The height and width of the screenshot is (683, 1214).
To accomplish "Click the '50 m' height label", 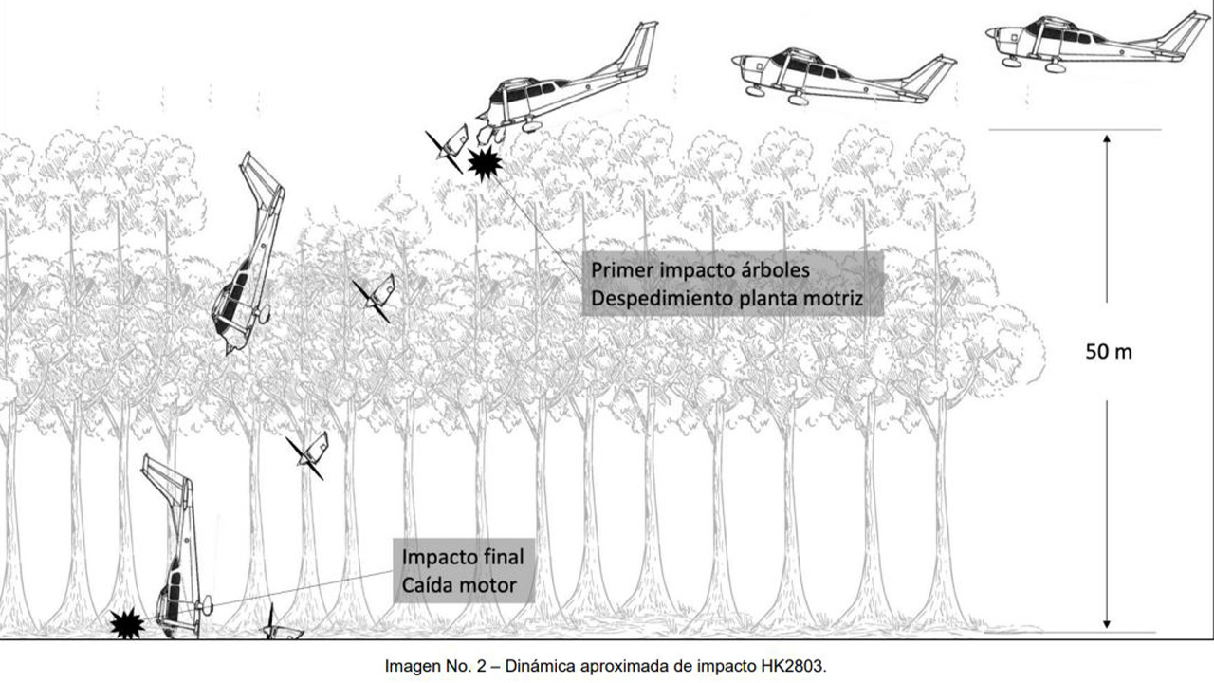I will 1108,352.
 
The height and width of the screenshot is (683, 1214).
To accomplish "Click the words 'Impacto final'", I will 463,555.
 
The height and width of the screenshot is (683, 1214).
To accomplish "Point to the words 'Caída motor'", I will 460,584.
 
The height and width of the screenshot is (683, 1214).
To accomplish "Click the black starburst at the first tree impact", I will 486,164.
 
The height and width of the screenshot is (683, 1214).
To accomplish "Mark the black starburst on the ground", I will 126,623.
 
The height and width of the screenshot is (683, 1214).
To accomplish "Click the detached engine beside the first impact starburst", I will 449,147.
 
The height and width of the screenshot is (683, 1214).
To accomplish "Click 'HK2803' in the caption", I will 794,666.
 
